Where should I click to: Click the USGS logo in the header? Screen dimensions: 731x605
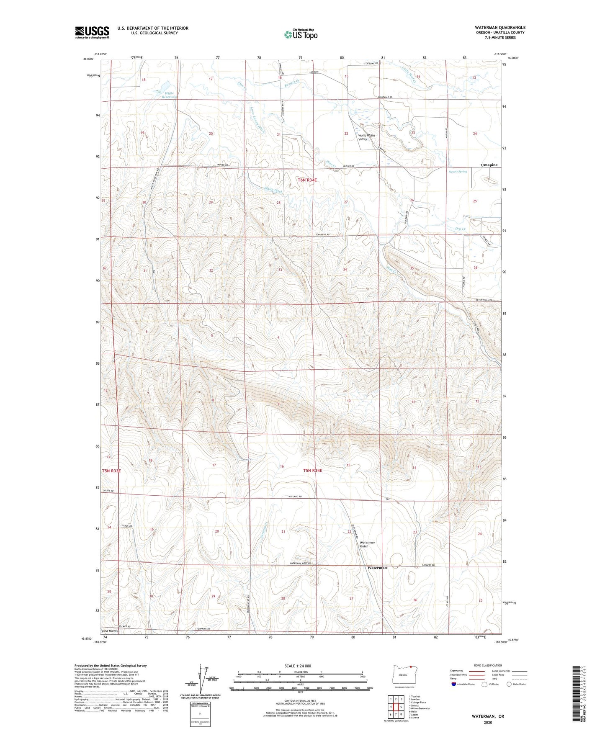92,32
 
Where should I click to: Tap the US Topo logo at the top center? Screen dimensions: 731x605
301,34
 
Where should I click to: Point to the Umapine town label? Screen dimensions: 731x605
489,165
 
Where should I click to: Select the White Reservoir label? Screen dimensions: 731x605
170,95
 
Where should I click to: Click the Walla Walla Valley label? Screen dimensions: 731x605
366,137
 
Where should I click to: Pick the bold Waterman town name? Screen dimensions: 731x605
377,568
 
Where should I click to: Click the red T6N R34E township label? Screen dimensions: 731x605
307,180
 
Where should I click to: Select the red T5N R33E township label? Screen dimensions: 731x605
111,471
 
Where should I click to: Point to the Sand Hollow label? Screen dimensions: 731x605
110,631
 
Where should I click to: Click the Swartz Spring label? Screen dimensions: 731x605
458,172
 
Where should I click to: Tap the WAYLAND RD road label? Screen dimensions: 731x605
295,497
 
